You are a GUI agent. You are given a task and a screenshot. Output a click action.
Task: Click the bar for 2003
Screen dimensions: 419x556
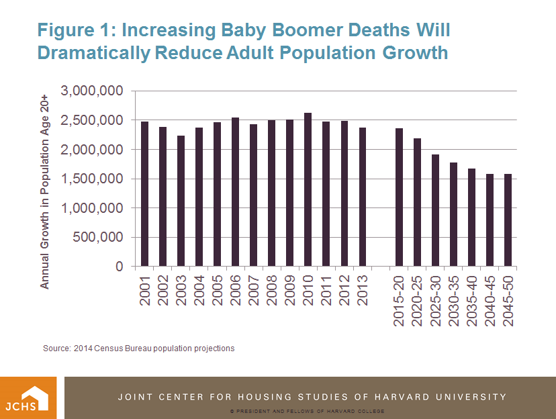[181, 201]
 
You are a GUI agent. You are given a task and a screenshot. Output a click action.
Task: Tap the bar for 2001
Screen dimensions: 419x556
[145, 194]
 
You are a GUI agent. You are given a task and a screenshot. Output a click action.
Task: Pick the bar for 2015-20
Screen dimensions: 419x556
[399, 197]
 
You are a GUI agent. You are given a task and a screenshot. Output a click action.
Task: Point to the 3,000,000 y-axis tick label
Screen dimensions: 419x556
[92, 91]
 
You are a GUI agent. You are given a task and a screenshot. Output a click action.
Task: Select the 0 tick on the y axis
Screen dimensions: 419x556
[118, 267]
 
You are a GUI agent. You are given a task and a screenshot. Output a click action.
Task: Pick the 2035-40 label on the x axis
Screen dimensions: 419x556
[472, 300]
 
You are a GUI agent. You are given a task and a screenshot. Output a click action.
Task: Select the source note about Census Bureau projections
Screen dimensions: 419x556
[138, 348]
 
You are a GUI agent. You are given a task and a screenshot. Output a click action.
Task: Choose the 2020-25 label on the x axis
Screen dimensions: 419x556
[418, 300]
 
